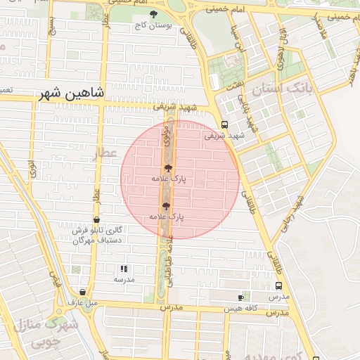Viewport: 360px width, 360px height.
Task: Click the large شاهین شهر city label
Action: point(70,94)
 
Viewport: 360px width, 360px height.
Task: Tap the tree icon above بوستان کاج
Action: point(154,14)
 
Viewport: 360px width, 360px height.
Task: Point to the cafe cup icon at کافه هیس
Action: point(241,297)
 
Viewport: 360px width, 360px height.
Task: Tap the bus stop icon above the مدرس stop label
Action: point(279,286)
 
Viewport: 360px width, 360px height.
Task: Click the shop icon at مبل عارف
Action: point(82,292)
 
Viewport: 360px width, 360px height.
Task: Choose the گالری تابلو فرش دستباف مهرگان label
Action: point(98,235)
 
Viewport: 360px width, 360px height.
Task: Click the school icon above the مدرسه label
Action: point(124,269)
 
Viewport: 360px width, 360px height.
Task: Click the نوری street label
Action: point(32,168)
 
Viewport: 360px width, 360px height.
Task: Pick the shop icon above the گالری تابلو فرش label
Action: point(96,220)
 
